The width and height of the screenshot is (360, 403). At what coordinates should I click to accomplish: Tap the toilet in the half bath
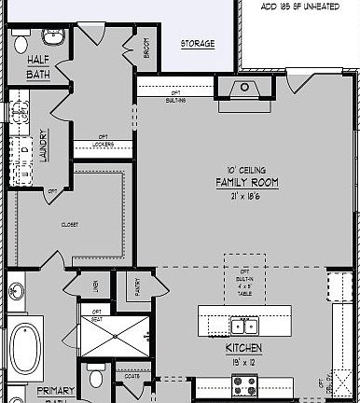[x=21, y=42]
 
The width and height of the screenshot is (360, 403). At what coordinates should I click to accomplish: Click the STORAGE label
[x=198, y=44]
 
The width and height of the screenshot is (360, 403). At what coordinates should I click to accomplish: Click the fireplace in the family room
[x=245, y=89]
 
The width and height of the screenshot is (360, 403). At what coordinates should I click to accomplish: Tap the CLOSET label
[x=70, y=224]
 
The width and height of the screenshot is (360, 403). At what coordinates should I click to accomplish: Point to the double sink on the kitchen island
[x=244, y=326]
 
